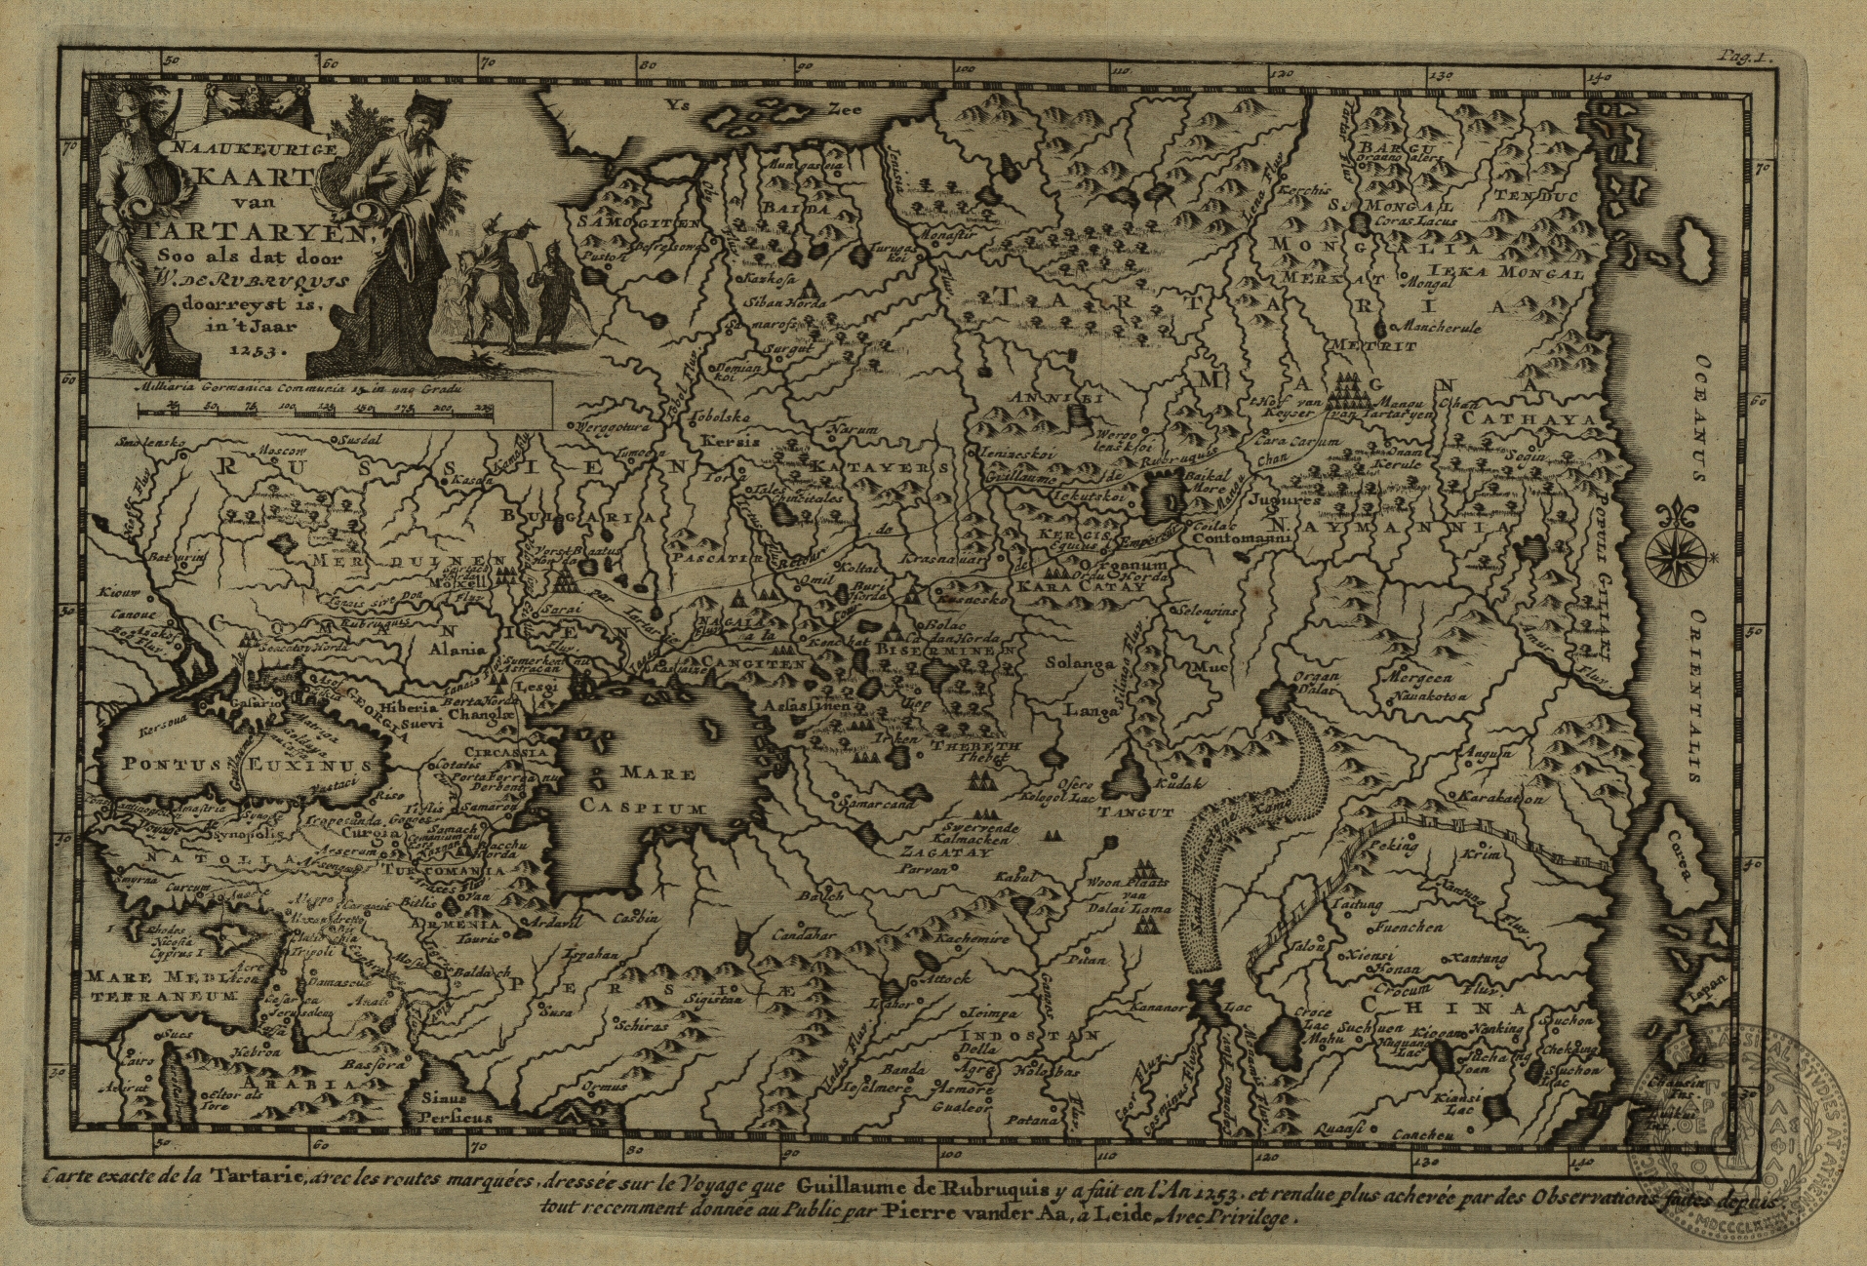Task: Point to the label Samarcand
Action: pos(873,806)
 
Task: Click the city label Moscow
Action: pos(282,452)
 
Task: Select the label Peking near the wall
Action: pos(1395,845)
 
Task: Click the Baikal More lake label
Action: pos(1203,481)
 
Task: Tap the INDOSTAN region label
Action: pos(1030,1035)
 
